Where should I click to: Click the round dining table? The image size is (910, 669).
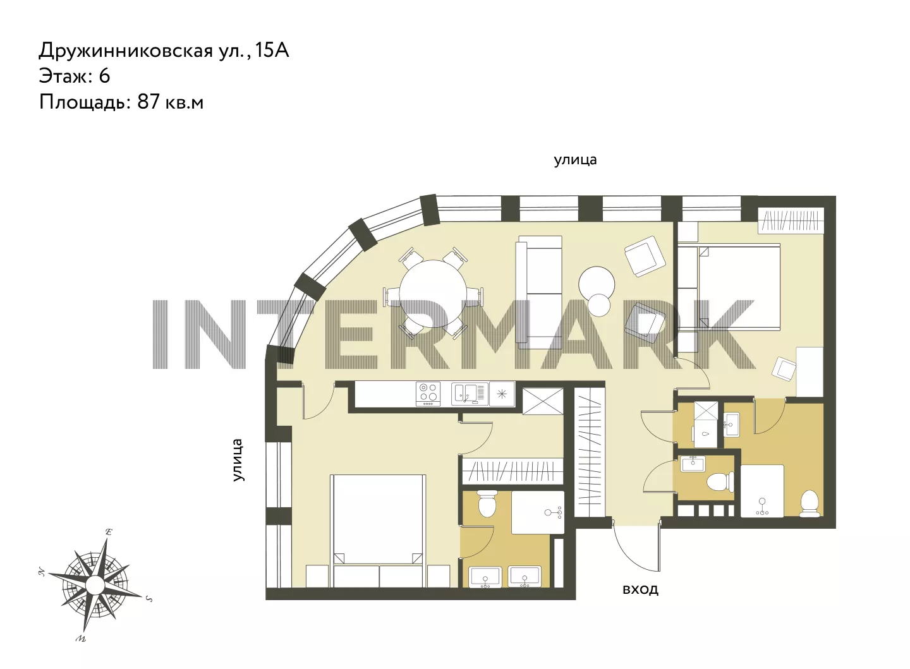pyautogui.click(x=432, y=294)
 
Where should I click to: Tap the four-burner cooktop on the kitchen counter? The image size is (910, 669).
pyautogui.click(x=428, y=394)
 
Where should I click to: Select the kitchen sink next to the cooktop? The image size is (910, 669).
pyautogui.click(x=469, y=394)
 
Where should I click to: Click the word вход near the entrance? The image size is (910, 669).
pyautogui.click(x=640, y=589)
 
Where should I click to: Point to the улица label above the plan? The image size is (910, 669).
pyautogui.click(x=575, y=160)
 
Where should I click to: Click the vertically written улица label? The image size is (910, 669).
pyautogui.click(x=238, y=460)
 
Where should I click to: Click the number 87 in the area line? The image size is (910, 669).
pyautogui.click(x=149, y=102)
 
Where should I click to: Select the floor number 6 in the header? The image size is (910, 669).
pyautogui.click(x=104, y=76)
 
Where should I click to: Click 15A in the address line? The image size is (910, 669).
pyautogui.click(x=272, y=51)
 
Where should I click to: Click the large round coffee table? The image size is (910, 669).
pyautogui.click(x=597, y=284)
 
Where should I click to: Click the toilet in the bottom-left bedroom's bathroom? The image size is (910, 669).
pyautogui.click(x=487, y=503)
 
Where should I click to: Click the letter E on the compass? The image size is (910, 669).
pyautogui.click(x=109, y=532)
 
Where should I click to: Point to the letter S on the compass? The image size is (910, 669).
pyautogui.click(x=149, y=598)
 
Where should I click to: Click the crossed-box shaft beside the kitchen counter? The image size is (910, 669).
pyautogui.click(x=542, y=401)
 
